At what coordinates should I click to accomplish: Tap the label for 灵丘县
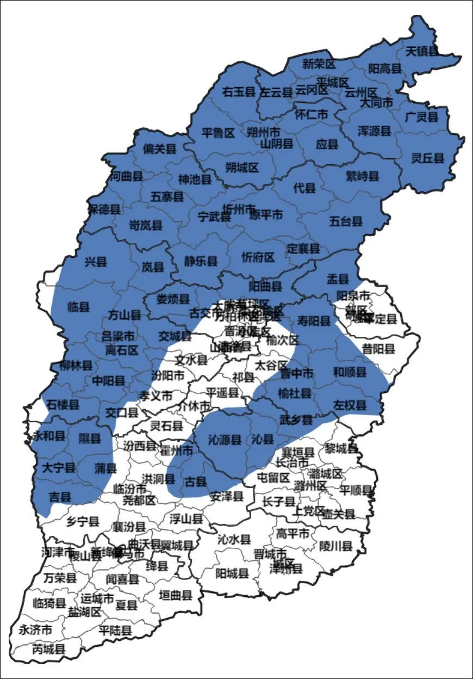pyautogui.click(x=427, y=158)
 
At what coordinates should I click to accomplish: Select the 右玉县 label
pyautogui.click(x=239, y=92)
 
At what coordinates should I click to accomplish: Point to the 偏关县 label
pyautogui.click(x=160, y=149)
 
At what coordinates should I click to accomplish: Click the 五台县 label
pyautogui.click(x=346, y=221)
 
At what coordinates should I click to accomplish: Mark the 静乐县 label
pyautogui.click(x=201, y=262)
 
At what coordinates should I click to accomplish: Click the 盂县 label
pyautogui.click(x=337, y=279)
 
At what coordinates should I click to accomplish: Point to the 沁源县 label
pyautogui.click(x=225, y=440)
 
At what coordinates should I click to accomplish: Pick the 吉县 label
pyautogui.click(x=60, y=496)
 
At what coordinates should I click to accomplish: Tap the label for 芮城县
pyautogui.click(x=49, y=649)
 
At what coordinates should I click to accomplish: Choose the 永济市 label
pyautogui.click(x=35, y=630)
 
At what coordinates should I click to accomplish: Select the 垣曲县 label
pyautogui.click(x=176, y=595)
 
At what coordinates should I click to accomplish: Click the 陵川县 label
pyautogui.click(x=336, y=545)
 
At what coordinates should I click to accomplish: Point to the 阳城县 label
pyautogui.click(x=232, y=573)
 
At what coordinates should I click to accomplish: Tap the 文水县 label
pyautogui.click(x=191, y=360)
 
